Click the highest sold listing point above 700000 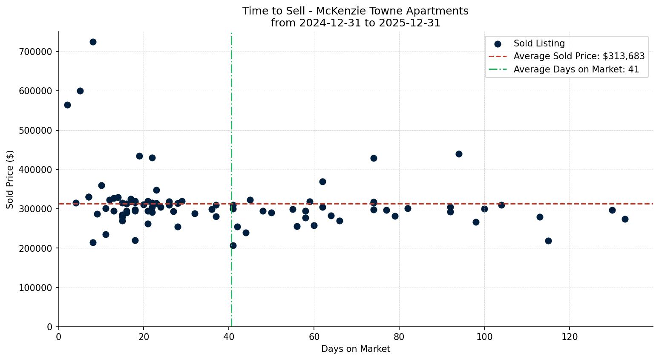93,42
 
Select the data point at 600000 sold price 80,91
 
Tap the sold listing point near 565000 67,105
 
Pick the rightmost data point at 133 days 625,219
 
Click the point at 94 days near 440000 459,154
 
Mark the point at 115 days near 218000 548,241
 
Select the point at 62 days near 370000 322,181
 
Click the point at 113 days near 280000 540,217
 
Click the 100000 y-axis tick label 35,288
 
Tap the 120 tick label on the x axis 570,337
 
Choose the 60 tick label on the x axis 314,337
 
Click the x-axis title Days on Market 355,349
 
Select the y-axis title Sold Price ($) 10,179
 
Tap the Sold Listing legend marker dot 498,43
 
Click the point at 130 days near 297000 612,210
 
